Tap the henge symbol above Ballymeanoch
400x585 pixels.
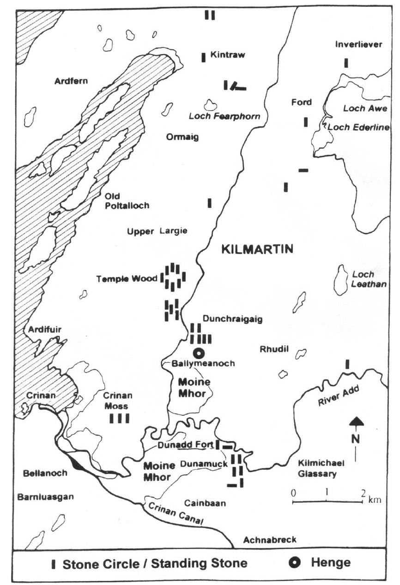point(199,354)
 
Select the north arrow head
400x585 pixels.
point(355,420)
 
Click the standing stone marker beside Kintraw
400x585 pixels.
point(203,58)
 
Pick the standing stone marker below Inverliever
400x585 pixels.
point(346,63)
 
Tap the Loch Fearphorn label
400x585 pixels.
point(224,116)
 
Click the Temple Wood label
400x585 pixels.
point(127,279)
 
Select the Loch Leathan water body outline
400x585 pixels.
point(342,280)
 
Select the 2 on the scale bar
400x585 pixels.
point(363,492)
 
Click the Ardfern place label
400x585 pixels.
point(71,81)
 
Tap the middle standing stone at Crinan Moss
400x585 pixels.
point(119,418)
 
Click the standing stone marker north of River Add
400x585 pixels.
point(347,364)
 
